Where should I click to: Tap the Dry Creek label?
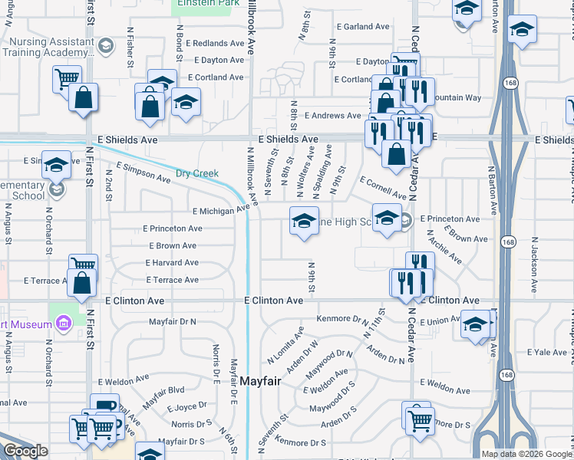(197, 173)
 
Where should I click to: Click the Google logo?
(26, 451)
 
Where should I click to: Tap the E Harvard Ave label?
(172, 263)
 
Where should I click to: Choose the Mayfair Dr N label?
(173, 321)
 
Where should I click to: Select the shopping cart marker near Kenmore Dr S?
(420, 419)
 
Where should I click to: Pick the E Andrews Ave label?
(332, 116)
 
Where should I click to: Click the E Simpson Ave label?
(143, 172)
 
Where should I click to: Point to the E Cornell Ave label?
(383, 187)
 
